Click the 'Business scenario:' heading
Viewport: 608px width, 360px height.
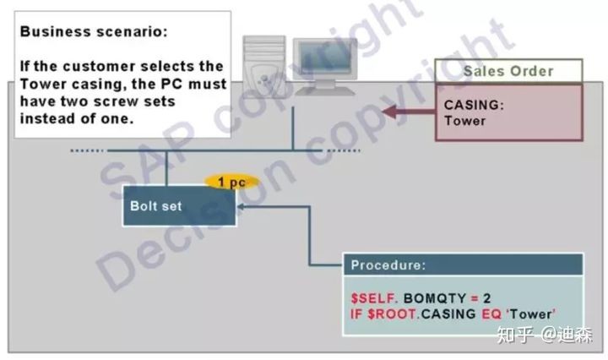tap(94, 31)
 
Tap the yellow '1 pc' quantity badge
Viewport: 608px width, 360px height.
tap(232, 182)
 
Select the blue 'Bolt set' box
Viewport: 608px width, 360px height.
tap(179, 205)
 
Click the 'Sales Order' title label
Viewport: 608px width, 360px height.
tap(508, 71)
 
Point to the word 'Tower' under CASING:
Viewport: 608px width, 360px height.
tap(465, 121)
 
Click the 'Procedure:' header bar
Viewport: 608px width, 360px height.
tap(463, 265)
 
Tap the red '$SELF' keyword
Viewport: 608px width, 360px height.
tap(373, 298)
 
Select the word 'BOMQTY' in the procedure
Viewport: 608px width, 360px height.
tap(435, 298)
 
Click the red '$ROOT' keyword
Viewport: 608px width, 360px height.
tap(393, 314)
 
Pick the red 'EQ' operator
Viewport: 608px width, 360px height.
tap(491, 314)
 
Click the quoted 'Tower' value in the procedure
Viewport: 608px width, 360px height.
tap(531, 314)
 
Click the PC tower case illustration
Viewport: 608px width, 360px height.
tap(265, 66)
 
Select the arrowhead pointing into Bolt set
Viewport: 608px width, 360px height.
tap(241, 207)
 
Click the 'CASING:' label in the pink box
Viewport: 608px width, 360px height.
tap(474, 105)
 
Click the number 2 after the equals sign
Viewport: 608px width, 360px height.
tap(486, 298)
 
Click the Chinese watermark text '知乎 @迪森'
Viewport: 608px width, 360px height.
tap(545, 335)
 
